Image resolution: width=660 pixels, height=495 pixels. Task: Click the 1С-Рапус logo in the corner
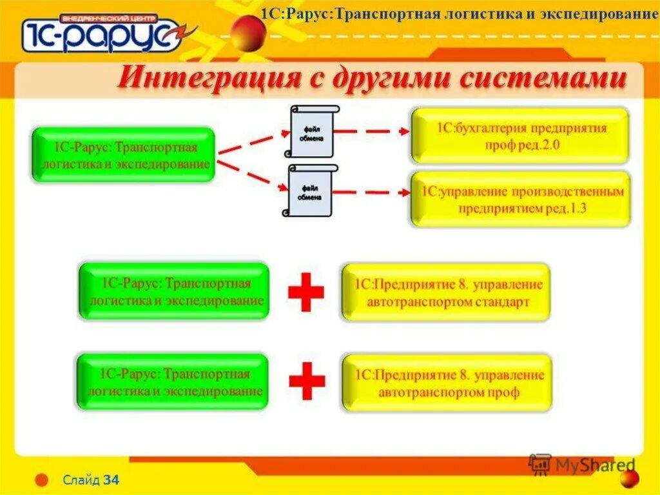pos(102,32)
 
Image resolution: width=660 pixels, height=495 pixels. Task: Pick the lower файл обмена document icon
pos(310,191)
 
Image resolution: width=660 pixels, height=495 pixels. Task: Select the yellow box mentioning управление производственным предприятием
pos(521,199)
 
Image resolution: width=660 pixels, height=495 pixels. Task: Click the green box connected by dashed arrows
pos(123,155)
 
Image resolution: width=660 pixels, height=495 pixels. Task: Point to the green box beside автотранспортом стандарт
pos(173,291)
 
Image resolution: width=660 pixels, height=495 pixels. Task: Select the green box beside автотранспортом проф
pos(172,381)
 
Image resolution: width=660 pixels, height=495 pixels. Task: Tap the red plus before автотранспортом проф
pos(307,381)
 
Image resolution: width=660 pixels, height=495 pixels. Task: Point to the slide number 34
pos(112,480)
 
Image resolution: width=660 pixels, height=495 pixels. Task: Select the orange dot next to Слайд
pos(42,480)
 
